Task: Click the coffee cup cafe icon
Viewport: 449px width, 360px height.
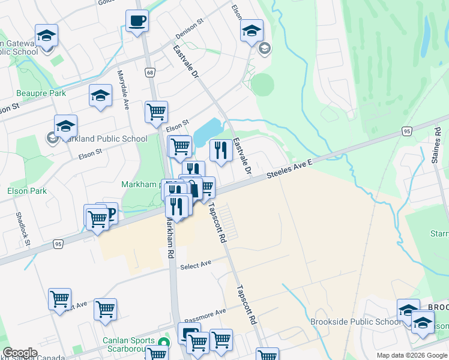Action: (x=137, y=21)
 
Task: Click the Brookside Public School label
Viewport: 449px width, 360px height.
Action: (x=355, y=322)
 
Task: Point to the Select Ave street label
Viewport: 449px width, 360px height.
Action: (x=196, y=265)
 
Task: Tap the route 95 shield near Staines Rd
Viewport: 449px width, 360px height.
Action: (x=407, y=131)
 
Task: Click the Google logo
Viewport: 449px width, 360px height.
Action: (x=20, y=353)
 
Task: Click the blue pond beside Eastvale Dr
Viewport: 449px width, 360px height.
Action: (x=208, y=128)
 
